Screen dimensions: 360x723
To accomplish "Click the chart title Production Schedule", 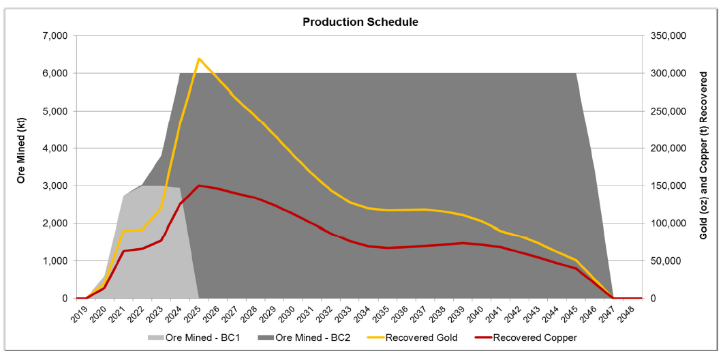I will (x=360, y=22).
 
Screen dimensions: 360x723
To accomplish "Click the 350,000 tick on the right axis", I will (x=668, y=35).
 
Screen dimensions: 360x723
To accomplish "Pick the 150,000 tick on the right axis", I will (x=668, y=185).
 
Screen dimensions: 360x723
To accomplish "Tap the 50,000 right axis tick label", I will (x=666, y=261).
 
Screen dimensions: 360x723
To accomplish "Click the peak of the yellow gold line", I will (x=198, y=59).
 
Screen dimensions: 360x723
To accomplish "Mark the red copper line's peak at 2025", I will (x=198, y=185).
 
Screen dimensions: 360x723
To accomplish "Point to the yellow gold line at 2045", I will (x=576, y=260).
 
